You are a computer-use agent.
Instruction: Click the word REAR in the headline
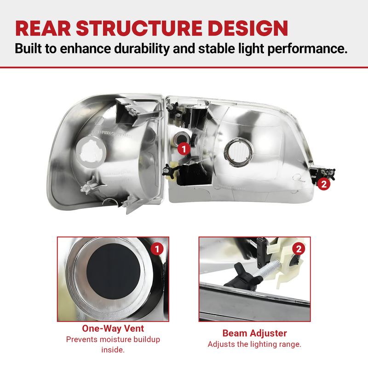(x=43, y=29)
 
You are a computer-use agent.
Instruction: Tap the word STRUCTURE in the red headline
(x=139, y=29)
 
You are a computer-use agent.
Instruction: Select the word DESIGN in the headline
(x=248, y=29)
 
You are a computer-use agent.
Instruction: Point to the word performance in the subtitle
(x=307, y=49)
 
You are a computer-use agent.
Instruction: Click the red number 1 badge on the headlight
(x=184, y=149)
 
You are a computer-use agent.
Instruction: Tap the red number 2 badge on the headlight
(x=324, y=184)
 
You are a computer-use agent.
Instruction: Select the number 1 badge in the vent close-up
(x=157, y=249)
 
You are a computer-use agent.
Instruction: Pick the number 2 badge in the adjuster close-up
(x=299, y=249)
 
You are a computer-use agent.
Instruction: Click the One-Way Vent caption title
(x=113, y=328)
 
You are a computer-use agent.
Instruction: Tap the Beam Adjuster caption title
(x=255, y=333)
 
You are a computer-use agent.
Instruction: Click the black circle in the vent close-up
(x=114, y=271)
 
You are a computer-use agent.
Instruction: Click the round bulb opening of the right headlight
(x=239, y=153)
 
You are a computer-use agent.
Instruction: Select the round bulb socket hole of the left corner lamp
(x=91, y=152)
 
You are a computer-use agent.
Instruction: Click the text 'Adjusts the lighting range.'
(x=255, y=344)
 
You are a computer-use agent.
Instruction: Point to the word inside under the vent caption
(x=113, y=350)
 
